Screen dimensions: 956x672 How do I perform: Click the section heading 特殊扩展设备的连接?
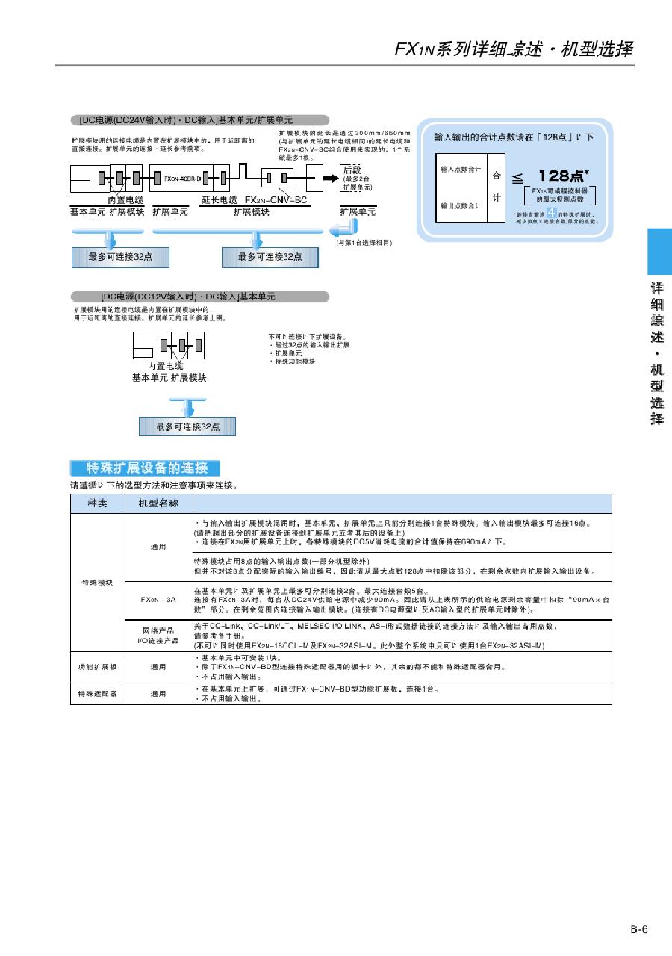(146, 468)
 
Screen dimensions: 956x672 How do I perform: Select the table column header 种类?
(97, 503)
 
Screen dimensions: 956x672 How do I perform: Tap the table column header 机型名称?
(158, 503)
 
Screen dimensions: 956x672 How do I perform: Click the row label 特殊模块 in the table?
(97, 583)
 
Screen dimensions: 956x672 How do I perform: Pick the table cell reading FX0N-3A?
(158, 600)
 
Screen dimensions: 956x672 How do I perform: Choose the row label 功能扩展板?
(97, 666)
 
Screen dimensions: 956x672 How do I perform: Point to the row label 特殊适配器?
(97, 694)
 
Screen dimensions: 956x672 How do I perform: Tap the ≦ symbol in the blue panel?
(517, 177)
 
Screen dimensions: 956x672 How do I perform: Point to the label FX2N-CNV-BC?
(276, 200)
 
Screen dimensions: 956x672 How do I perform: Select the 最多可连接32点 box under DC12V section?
(187, 426)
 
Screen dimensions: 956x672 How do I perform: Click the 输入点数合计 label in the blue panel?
(461, 170)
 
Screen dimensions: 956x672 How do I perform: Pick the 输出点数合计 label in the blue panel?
(461, 205)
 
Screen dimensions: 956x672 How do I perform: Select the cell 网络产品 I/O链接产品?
(158, 636)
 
